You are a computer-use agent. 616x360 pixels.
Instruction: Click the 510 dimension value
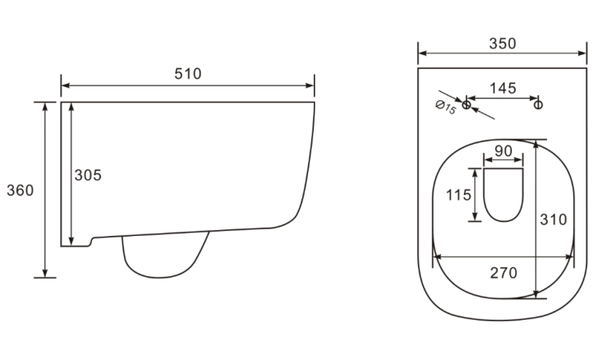click(188, 73)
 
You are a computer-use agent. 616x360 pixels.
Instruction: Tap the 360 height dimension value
click(20, 190)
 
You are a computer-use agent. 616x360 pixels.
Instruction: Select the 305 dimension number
click(88, 175)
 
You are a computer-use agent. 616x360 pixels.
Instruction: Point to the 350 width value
click(503, 44)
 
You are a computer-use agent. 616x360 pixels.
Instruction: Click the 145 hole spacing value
click(503, 88)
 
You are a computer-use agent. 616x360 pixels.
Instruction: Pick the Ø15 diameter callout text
click(446, 107)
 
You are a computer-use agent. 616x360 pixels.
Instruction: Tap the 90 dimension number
click(503, 150)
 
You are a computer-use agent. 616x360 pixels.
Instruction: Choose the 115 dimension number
click(458, 195)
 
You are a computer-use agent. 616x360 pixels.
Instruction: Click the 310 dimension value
click(554, 219)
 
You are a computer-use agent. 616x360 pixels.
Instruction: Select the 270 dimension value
click(503, 272)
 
